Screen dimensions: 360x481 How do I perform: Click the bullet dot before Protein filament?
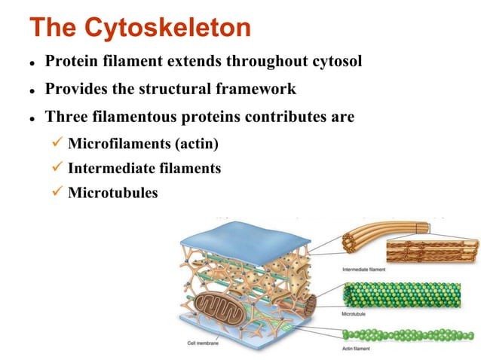tap(33, 63)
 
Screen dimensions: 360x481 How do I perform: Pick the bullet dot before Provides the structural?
tap(33, 90)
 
